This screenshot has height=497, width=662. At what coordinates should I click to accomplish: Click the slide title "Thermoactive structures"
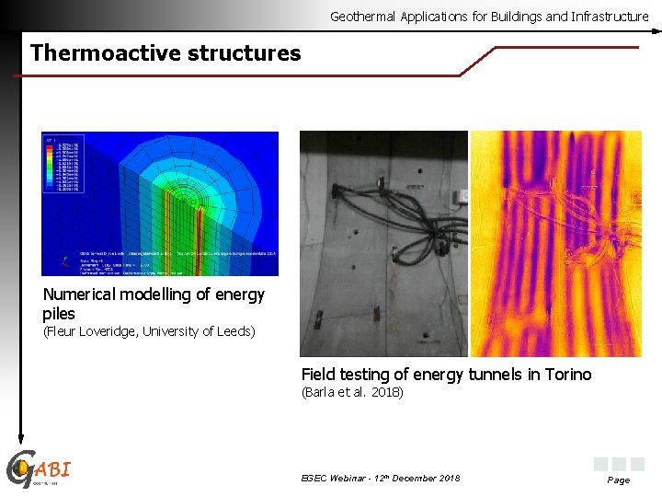[165, 53]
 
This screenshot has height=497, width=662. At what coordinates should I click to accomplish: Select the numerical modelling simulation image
[160, 203]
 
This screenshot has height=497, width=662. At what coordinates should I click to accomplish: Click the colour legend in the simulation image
[59, 165]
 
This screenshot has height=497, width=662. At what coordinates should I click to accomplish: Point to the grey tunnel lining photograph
[383, 244]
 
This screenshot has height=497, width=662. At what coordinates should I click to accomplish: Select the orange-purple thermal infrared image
[555, 244]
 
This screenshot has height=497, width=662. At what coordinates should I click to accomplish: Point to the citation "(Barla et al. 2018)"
[352, 393]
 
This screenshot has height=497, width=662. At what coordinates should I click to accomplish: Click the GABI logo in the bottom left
[39, 470]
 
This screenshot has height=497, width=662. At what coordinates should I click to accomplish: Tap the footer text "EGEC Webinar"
[334, 478]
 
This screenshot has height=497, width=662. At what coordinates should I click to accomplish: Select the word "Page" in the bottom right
[619, 480]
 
